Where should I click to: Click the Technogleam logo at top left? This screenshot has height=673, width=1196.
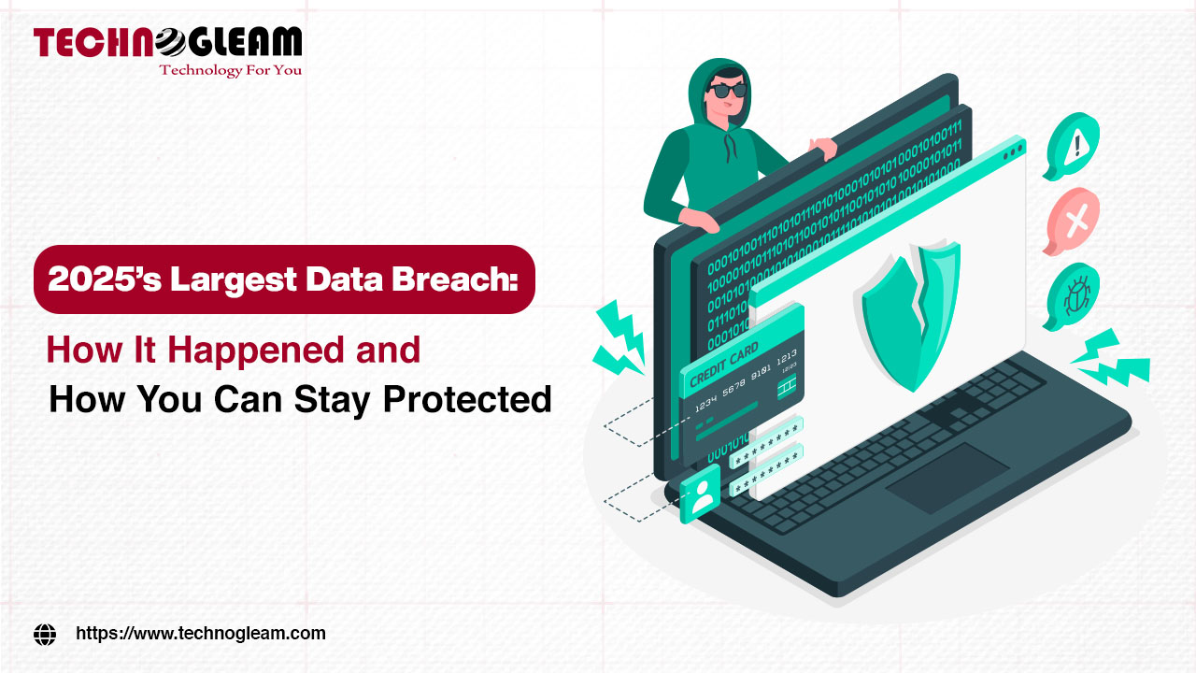[168, 43]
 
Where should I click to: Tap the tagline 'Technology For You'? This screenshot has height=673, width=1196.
[230, 70]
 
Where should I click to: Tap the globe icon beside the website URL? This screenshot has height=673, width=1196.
[45, 634]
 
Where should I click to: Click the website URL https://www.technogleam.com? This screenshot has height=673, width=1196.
[200, 633]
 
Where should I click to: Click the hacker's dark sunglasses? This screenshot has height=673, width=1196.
[727, 91]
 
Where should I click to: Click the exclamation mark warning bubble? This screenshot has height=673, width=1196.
[1074, 147]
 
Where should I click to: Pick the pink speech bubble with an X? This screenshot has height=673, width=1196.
[1074, 221]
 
